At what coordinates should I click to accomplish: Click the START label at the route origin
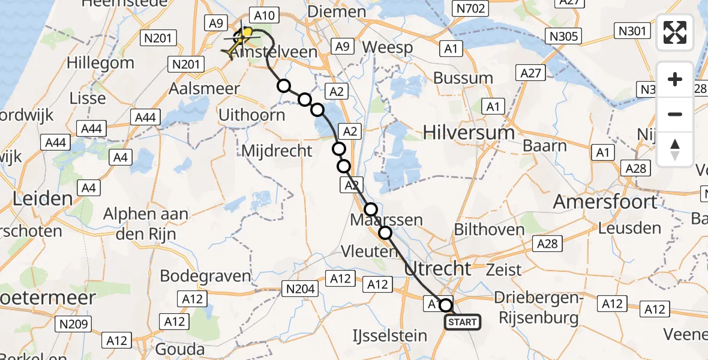[463, 322]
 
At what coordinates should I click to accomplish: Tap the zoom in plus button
[675, 79]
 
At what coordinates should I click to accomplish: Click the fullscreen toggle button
[675, 32]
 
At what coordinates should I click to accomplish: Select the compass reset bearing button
[675, 149]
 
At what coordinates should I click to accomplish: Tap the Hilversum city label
[469, 132]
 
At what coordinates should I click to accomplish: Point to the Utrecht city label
[439, 268]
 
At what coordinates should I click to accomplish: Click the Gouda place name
[179, 349]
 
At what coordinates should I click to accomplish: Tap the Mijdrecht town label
[277, 150]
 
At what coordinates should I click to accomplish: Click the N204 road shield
[299, 290]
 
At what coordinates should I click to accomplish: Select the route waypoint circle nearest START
[446, 305]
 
